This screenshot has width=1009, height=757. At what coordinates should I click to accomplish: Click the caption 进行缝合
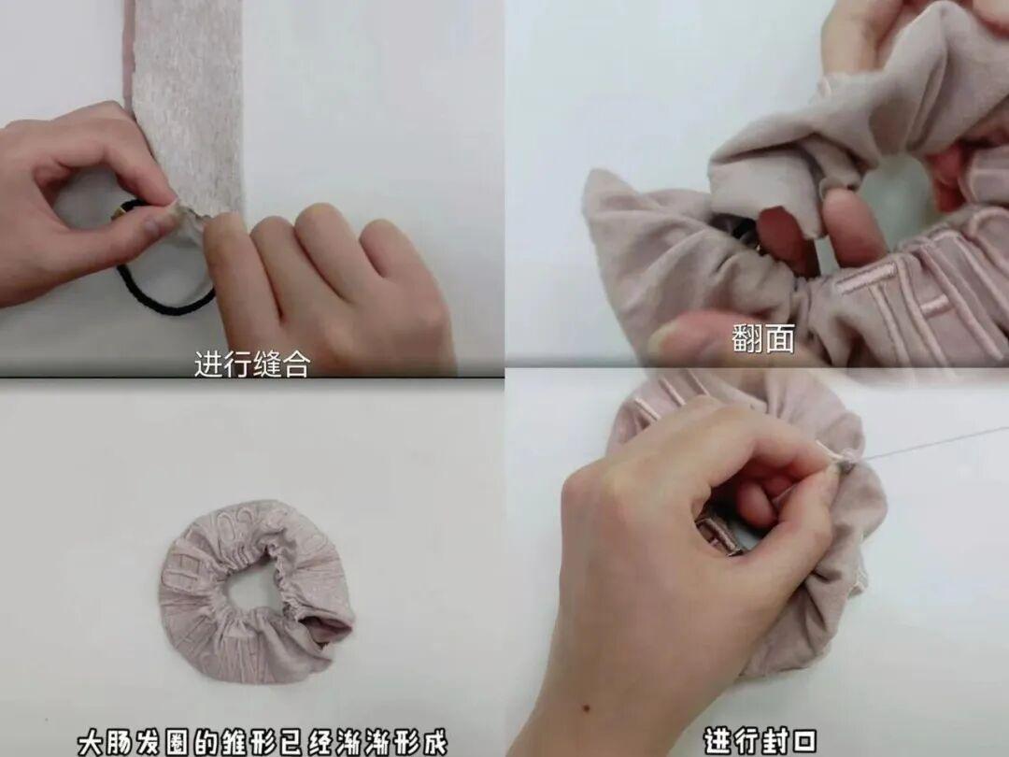pos(252,364)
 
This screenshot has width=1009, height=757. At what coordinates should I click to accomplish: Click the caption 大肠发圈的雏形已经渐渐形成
pos(263,741)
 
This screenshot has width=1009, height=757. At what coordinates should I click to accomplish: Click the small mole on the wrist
pos(587,708)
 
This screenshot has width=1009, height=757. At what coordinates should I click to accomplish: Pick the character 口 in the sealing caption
pos(803,741)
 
